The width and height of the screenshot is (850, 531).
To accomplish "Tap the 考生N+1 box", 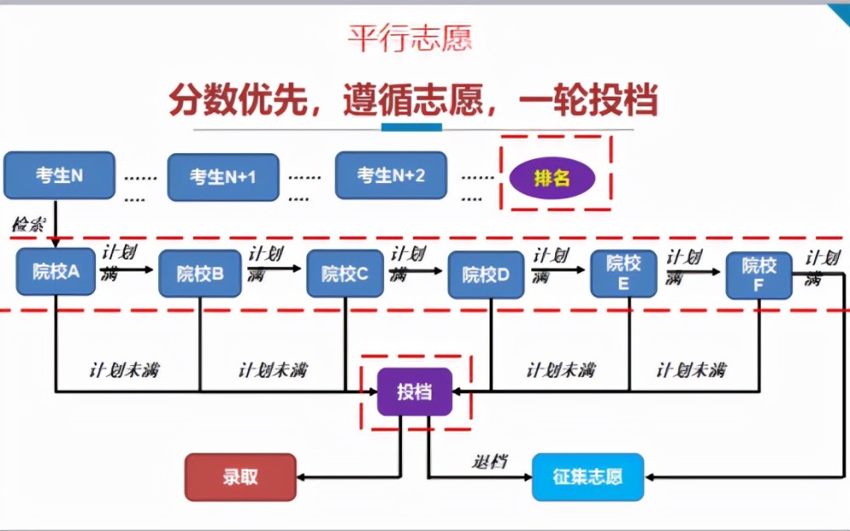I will (223, 177).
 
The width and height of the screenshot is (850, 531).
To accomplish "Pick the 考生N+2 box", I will (390, 176).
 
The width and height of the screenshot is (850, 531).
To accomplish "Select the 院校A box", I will (55, 272).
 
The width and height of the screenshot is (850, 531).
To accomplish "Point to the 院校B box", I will (200, 274).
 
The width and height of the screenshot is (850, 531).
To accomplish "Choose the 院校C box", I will (344, 274).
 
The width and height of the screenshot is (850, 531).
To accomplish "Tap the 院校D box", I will (485, 275).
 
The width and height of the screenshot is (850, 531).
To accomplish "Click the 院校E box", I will (624, 273).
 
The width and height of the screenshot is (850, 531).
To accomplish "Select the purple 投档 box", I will (414, 392).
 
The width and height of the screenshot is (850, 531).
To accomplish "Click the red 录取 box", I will (241, 477).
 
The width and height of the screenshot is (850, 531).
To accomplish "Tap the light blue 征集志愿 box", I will (587, 477).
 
